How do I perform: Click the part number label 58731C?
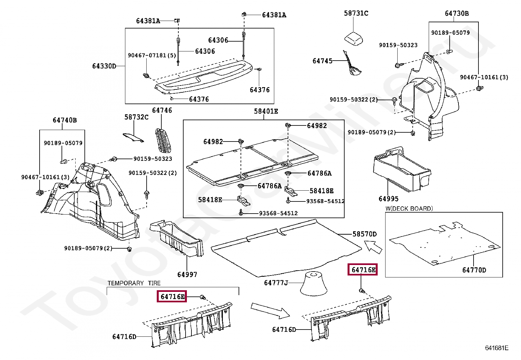(356, 13)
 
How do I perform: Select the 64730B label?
(457, 13)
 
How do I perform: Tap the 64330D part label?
(104, 66)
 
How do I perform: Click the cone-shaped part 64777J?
(314, 283)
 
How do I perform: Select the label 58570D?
(364, 234)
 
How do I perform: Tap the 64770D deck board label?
(474, 270)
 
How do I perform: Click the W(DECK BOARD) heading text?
(409, 209)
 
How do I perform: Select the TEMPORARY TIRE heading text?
(134, 283)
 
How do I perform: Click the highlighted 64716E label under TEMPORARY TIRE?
(172, 297)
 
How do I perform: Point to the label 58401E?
(266, 111)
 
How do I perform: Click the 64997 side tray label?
(187, 275)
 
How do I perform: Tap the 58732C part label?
(136, 117)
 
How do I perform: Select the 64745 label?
(322, 61)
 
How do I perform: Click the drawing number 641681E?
(496, 348)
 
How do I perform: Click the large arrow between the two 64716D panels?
(270, 310)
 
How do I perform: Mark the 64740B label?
(64, 120)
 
